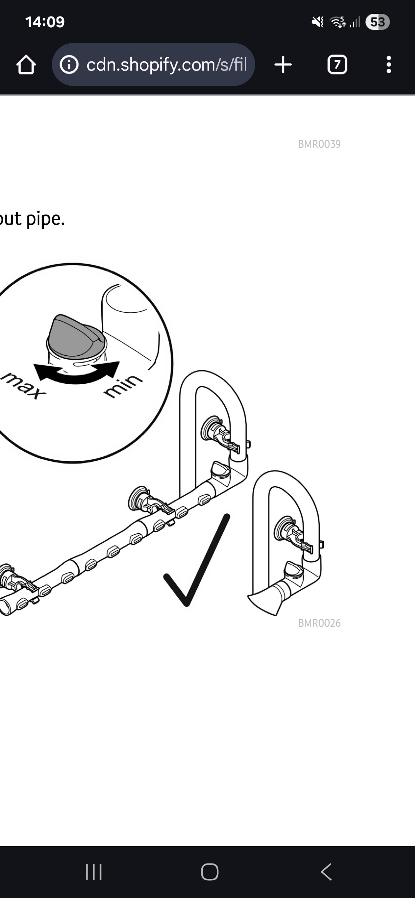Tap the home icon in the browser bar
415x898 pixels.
coord(26,65)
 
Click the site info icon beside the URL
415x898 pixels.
coord(69,65)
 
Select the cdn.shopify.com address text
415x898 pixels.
coord(166,65)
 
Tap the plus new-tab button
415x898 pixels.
coord(283,64)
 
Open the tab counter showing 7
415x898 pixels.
coord(337,64)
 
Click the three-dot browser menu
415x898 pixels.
coord(389,64)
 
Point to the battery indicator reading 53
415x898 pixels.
coord(377,22)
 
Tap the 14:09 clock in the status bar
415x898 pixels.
coord(45,22)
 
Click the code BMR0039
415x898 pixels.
coord(319,144)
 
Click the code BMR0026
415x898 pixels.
coord(319,623)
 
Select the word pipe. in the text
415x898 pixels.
coord(45,220)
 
